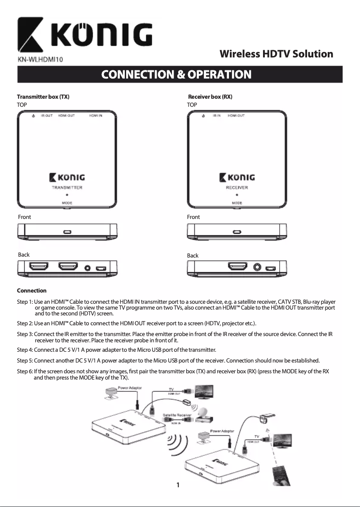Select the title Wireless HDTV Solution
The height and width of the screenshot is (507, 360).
point(276,54)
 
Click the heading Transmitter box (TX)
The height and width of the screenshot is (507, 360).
point(43,97)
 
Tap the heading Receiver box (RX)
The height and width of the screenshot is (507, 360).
point(210,97)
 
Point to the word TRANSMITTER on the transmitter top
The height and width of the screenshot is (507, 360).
point(67,188)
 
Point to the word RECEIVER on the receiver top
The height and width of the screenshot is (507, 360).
point(237,188)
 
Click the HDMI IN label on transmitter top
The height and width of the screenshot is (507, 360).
point(95,116)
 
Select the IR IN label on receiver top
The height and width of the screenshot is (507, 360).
point(216,116)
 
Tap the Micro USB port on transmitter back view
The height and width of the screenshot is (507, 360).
point(101,268)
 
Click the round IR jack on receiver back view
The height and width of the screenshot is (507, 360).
point(257,268)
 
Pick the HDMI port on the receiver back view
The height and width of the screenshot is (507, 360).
point(237,267)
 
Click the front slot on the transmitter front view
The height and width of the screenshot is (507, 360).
point(67,232)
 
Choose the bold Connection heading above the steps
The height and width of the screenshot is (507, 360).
point(31,291)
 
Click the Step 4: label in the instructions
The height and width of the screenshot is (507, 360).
point(25,350)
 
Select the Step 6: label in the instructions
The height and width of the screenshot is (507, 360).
point(25,372)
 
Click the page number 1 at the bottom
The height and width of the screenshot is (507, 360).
point(178,485)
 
